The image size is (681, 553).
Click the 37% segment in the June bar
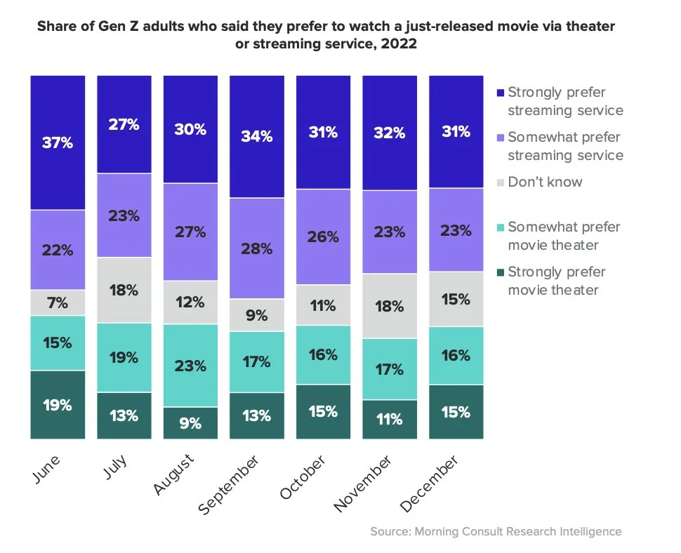(58, 142)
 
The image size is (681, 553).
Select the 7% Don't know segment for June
(58, 302)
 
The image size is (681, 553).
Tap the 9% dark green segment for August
(190, 423)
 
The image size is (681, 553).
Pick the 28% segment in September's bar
(256, 248)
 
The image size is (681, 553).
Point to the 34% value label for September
(256, 136)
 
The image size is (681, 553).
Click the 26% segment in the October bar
(323, 236)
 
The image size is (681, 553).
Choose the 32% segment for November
(390, 133)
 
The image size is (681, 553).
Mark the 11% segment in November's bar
(390, 420)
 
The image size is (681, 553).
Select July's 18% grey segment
(124, 290)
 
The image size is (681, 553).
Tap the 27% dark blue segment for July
(124, 124)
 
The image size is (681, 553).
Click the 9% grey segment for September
(256, 315)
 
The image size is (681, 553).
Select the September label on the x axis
(229, 485)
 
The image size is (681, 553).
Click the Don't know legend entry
(545, 182)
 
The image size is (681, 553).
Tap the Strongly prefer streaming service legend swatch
(500, 93)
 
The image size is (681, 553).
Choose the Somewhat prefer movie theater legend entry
(555, 236)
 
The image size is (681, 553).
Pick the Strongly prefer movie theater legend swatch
(500, 272)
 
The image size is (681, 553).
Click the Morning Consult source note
(496, 531)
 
